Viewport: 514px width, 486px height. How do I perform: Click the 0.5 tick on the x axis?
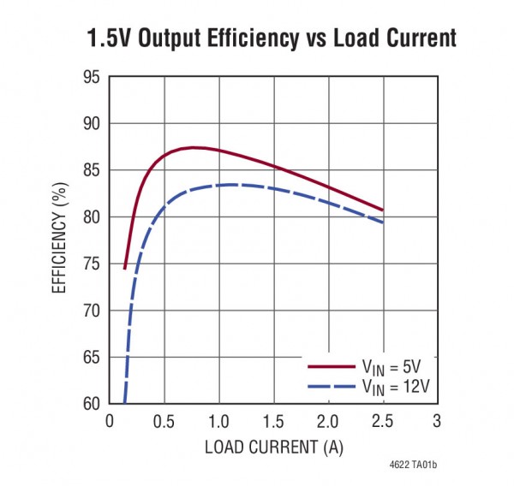(164, 420)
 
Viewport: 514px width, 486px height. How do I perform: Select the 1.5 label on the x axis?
(272, 420)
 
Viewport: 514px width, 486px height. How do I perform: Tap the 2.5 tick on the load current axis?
(382, 420)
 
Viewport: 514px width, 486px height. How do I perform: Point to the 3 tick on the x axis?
(436, 420)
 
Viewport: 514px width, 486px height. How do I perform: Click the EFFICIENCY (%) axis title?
(59, 240)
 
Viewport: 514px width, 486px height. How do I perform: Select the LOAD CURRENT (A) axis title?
(273, 447)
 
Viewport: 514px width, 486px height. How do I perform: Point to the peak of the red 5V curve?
(194, 148)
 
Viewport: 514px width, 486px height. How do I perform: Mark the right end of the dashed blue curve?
(382, 222)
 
